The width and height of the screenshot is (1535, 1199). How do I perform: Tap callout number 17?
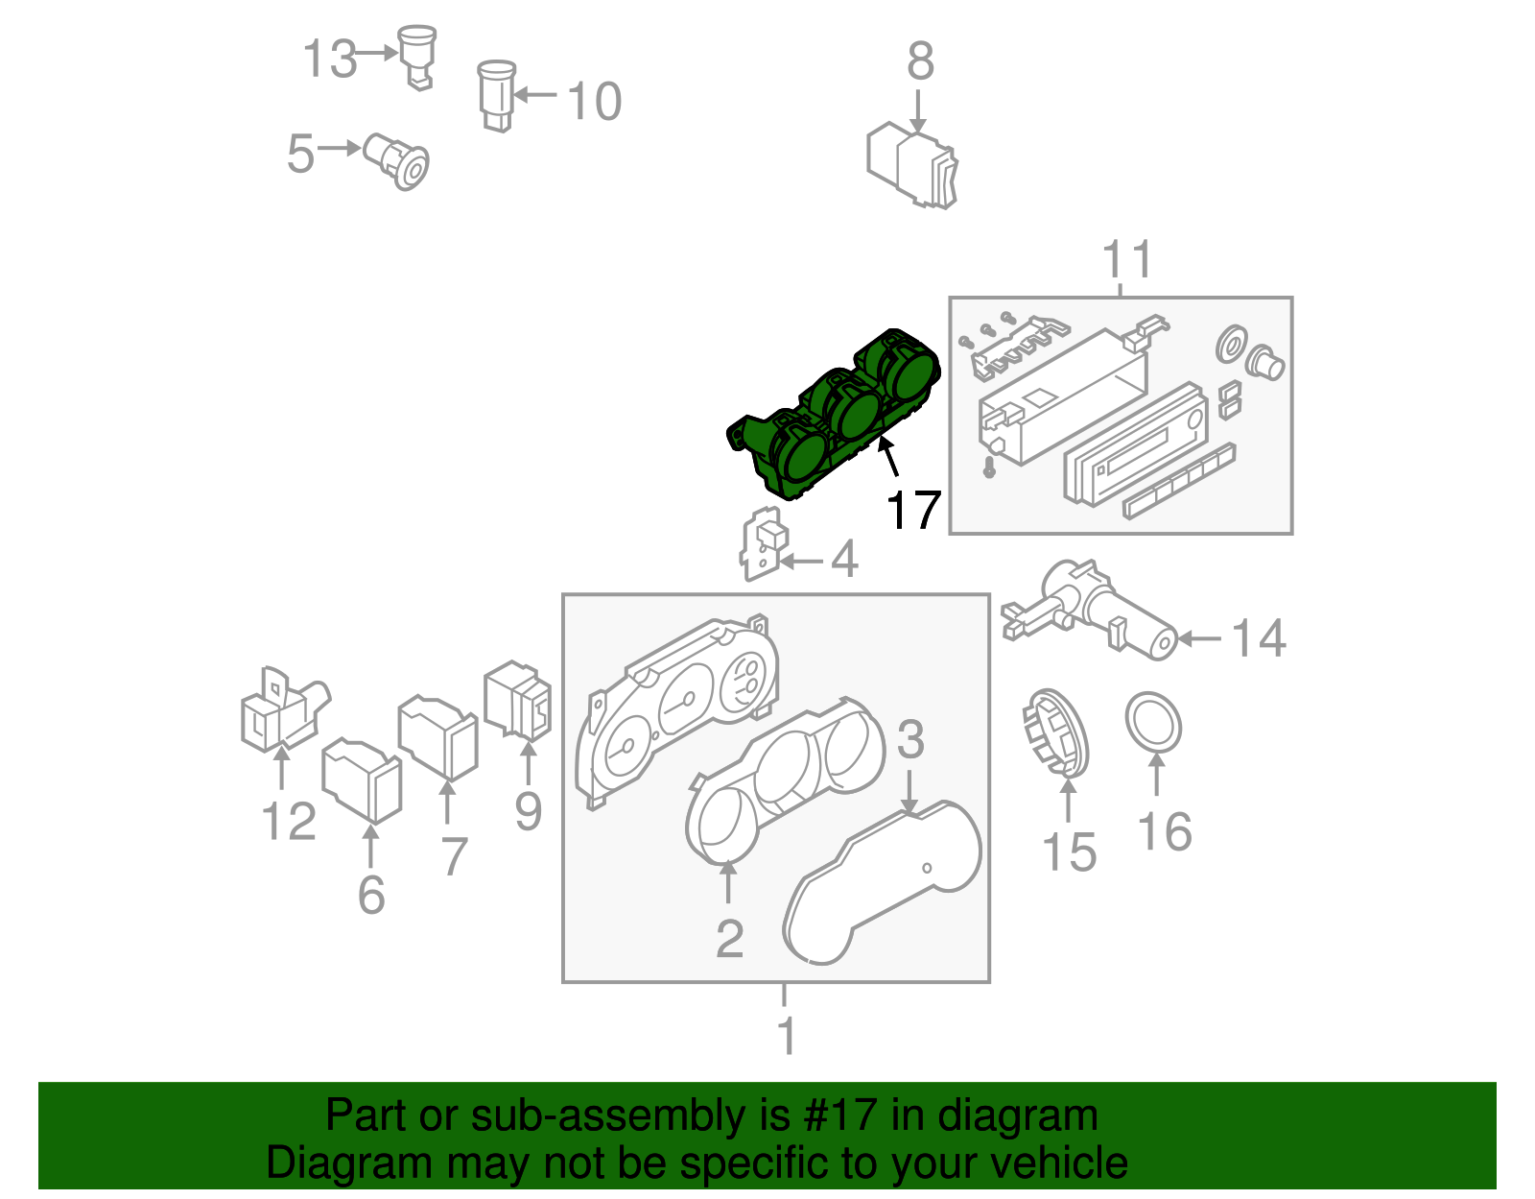point(912,511)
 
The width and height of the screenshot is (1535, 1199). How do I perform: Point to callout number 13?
point(329,60)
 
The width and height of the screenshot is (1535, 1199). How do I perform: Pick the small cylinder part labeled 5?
point(398,161)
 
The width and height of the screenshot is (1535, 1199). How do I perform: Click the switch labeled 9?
point(518,701)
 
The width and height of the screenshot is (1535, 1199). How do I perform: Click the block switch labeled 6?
point(361,779)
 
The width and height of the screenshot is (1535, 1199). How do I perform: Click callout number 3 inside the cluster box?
point(909,740)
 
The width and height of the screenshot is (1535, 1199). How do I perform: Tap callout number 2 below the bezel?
point(729,938)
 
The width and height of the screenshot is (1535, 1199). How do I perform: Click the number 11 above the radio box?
point(1126,259)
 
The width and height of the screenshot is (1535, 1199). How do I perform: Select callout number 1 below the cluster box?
point(786,1036)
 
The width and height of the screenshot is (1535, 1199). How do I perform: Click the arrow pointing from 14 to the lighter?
point(1199,638)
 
